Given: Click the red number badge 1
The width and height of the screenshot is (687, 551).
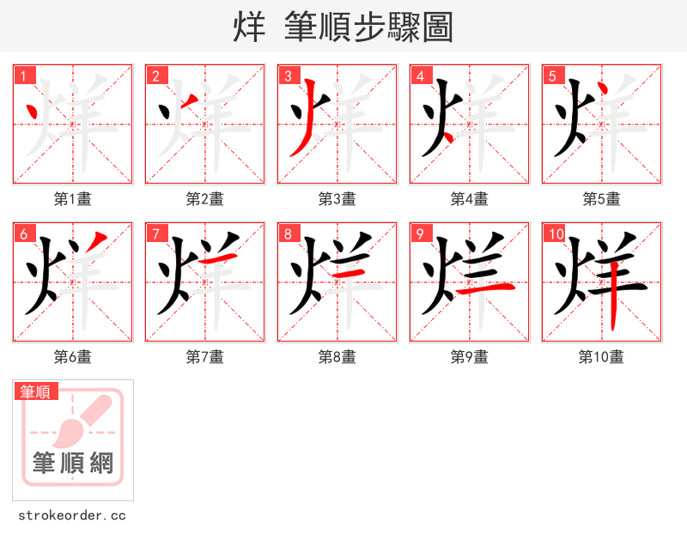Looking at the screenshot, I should (x=24, y=76).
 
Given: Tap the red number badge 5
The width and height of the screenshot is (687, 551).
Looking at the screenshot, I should (x=553, y=76).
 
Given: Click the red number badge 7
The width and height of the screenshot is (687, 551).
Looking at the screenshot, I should (x=156, y=233).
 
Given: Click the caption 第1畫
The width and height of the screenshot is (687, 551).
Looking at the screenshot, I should (x=73, y=199).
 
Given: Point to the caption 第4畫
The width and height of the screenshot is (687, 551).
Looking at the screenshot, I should (x=470, y=199).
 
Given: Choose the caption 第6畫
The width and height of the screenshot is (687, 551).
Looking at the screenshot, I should (x=73, y=357).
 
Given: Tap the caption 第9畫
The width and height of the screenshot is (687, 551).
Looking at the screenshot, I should (x=470, y=357).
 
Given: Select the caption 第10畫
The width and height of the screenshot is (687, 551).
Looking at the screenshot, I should (x=601, y=357).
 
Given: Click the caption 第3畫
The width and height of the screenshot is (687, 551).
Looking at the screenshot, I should (x=337, y=199).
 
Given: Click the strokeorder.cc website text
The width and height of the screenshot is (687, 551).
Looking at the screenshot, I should (x=72, y=516).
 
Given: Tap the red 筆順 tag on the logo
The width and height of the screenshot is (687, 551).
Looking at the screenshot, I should (x=36, y=391).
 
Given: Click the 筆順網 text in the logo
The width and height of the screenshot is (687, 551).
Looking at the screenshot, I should (x=73, y=464).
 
